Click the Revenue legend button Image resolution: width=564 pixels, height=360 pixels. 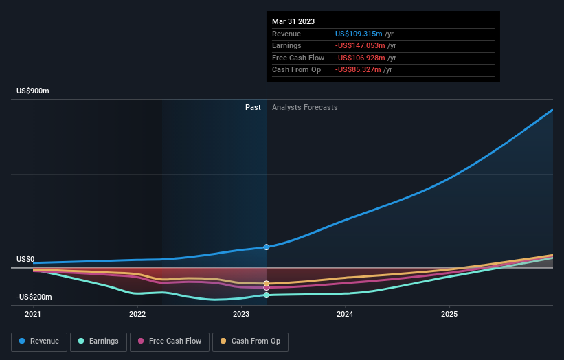[x=39, y=341]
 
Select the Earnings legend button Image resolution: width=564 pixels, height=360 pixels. [x=98, y=341]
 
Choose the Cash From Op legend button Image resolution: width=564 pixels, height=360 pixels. [x=250, y=341]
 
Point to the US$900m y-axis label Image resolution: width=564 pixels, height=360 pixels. [x=33, y=91]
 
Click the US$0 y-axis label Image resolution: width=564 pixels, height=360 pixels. [x=25, y=260]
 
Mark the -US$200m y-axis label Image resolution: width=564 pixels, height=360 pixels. [x=34, y=297]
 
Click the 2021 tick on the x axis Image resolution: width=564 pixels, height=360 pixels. [x=33, y=314]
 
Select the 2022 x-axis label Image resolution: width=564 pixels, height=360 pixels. [x=137, y=314]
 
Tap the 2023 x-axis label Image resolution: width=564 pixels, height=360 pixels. [x=241, y=314]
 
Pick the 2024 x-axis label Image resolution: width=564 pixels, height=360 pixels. [x=345, y=314]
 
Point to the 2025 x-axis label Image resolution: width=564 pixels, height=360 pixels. [x=449, y=314]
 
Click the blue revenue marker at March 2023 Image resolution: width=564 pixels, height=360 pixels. [x=267, y=247]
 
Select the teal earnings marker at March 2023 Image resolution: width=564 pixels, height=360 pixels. [x=267, y=295]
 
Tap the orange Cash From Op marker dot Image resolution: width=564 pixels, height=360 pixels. [x=267, y=283]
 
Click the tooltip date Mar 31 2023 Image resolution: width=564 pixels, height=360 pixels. [x=293, y=21]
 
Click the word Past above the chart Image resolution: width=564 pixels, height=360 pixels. [x=253, y=107]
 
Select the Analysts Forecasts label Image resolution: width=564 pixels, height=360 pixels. [x=304, y=107]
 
